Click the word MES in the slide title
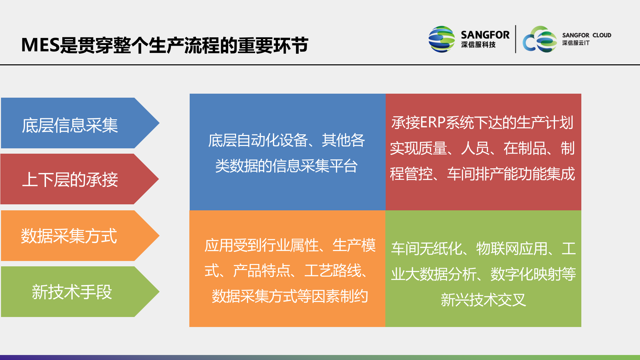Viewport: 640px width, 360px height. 40,45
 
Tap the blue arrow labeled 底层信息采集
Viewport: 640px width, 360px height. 70,125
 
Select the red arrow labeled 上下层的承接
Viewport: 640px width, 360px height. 70,179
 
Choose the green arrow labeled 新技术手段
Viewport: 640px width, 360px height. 72,292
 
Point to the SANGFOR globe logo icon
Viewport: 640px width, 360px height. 441,39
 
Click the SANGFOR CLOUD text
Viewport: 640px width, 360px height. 586,35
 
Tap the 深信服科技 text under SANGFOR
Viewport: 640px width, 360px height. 478,45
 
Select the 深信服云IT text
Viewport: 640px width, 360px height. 575,43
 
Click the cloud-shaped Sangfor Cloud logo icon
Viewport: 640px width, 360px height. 540,39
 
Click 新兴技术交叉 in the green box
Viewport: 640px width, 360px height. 483,300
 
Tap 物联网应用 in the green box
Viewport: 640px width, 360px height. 512,248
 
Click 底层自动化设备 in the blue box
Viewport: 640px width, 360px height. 258,140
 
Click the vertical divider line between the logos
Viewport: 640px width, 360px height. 515,39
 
